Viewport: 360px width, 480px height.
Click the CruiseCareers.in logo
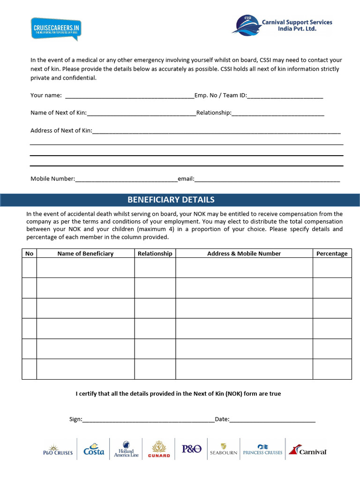click(55, 29)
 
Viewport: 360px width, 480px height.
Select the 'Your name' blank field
click(129, 96)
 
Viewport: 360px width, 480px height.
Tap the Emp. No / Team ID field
click(285, 96)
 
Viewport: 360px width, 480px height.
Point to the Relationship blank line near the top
click(278, 113)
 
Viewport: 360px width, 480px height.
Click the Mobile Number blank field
click(126, 179)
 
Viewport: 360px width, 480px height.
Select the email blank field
click(267, 179)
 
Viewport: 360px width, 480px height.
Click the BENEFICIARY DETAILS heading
click(171, 200)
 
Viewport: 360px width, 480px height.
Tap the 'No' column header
click(29, 254)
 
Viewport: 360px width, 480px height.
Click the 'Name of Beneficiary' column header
click(85, 254)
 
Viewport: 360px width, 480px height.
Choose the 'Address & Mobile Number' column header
click(244, 254)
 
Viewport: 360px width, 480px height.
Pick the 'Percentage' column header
click(332, 254)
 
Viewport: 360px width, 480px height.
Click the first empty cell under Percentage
click(332, 268)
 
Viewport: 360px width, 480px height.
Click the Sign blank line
click(148, 420)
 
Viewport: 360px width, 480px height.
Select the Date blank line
click(272, 420)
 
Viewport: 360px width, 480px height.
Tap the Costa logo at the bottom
click(94, 450)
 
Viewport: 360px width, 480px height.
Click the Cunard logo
click(159, 449)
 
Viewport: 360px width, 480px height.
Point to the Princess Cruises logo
click(262, 450)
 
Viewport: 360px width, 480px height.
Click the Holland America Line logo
click(126, 449)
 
